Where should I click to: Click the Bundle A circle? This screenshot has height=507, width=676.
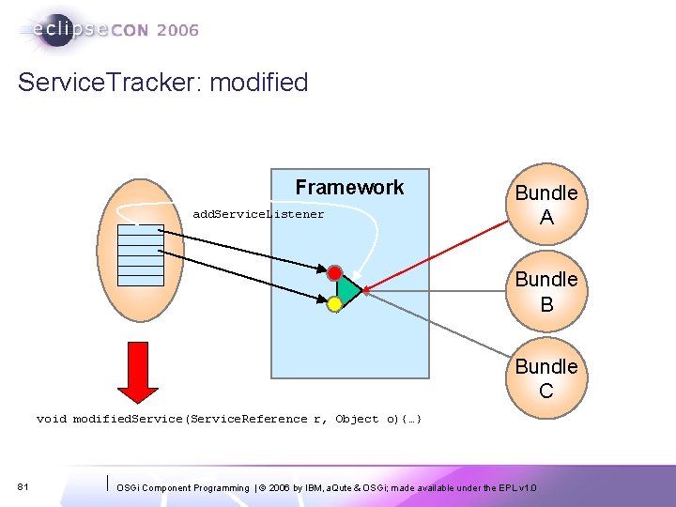tap(545, 205)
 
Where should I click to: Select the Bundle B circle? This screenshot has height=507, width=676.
tap(545, 291)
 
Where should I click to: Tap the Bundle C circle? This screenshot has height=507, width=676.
tap(545, 377)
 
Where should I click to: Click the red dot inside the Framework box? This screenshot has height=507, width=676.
tap(335, 273)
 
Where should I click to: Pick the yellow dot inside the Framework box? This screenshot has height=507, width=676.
tap(334, 304)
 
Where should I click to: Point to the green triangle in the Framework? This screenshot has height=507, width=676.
tap(348, 290)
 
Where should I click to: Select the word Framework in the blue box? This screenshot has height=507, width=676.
tap(349, 188)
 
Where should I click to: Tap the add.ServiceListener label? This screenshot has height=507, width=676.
tap(258, 214)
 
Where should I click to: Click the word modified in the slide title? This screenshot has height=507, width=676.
tap(259, 83)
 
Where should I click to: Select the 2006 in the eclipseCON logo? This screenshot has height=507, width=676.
tap(177, 30)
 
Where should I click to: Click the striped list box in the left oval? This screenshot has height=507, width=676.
tap(141, 254)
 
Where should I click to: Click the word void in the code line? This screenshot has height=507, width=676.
tap(52, 419)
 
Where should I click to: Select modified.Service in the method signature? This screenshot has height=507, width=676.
tap(129, 419)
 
